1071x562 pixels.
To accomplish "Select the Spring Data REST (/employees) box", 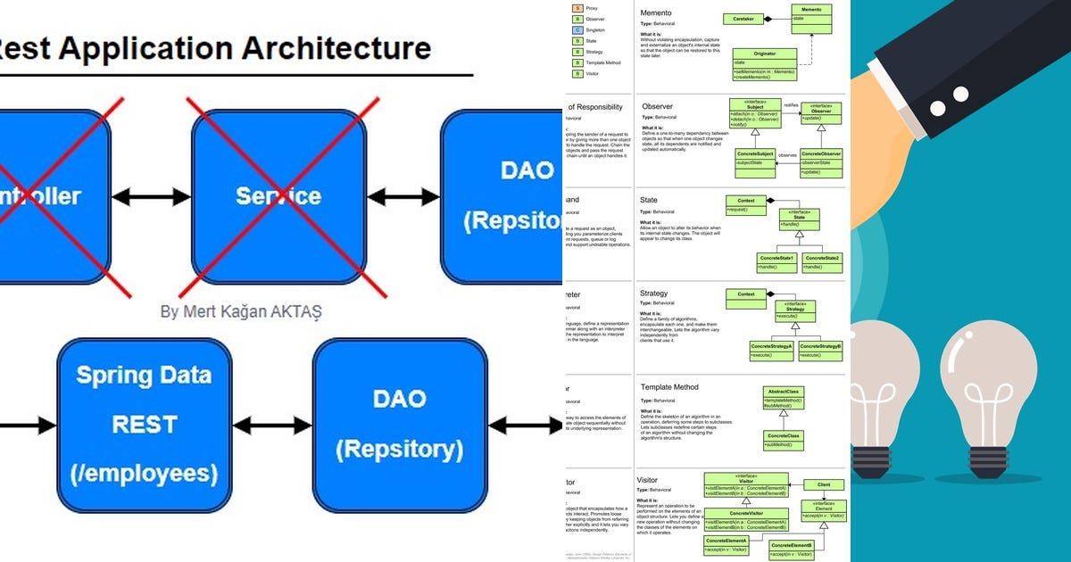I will pos(144,425).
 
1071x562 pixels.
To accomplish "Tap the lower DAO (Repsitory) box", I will pos(399,425).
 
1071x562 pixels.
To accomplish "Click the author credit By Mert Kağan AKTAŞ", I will pos(241,312).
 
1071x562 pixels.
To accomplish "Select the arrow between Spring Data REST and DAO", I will pos(271,426).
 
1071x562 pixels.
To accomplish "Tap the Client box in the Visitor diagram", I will pos(823,484).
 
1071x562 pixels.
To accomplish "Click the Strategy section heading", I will pos(654,293).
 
